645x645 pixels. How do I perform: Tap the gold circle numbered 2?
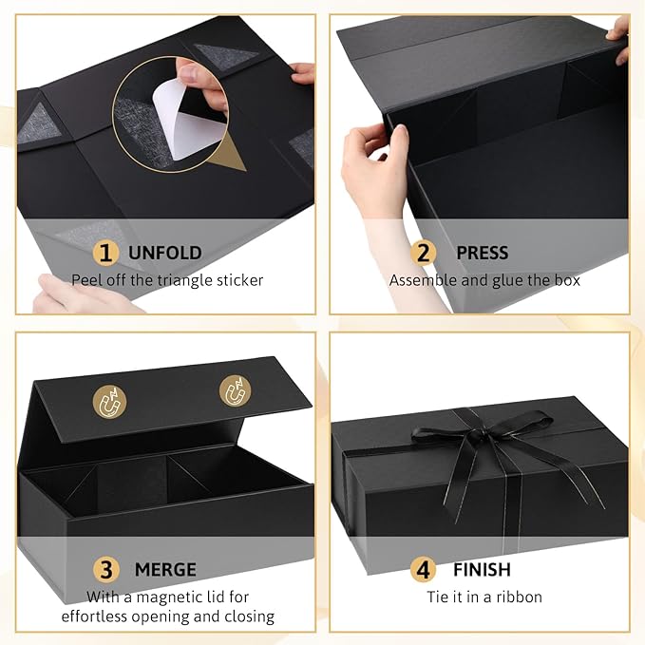pos(425,254)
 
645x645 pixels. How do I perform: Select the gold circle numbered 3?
pos(105,570)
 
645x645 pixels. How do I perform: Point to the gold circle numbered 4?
pos(424,570)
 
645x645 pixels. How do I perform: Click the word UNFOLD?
pos(164,254)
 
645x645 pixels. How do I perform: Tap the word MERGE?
pos(164,570)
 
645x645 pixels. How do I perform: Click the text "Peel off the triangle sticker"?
pos(167,280)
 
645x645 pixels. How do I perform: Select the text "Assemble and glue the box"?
pos(484,280)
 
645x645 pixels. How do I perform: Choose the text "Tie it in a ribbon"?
pos(484,597)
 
